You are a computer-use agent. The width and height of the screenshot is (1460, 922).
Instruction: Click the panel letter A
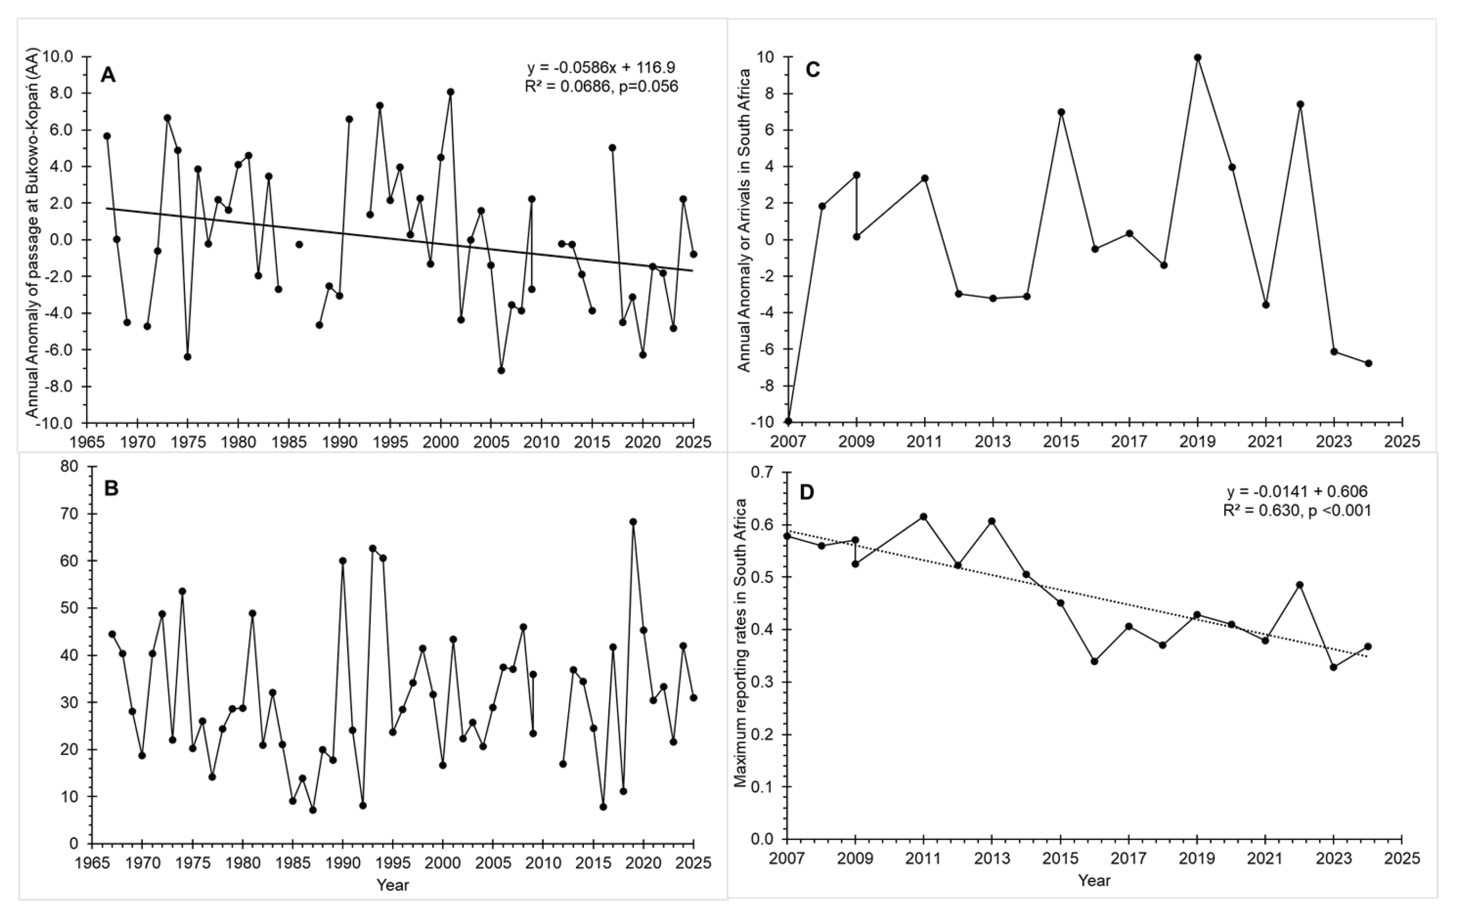point(108,75)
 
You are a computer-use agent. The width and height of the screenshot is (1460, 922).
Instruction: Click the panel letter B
point(111,489)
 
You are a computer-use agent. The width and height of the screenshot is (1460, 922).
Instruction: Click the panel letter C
point(812,70)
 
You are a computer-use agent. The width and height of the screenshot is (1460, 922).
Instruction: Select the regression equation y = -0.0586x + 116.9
point(601,67)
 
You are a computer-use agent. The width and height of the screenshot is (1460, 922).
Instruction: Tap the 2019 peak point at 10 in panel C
point(1198,58)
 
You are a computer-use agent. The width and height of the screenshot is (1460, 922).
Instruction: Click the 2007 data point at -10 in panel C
point(788,421)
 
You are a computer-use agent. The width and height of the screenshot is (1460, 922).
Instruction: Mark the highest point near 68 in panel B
point(633,522)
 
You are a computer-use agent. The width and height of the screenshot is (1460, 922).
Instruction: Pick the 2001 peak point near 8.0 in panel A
point(450,92)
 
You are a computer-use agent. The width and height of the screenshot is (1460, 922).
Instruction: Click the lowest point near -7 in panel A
point(501,370)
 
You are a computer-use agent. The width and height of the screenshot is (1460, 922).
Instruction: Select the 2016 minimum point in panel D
point(1094,661)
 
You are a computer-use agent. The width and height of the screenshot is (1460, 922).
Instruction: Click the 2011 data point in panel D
point(924,517)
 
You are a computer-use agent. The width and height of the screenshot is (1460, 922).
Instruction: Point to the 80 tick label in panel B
point(69,467)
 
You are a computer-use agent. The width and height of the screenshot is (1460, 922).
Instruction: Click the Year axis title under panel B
point(392,886)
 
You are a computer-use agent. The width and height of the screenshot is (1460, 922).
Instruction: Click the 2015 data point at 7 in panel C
point(1061,112)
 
